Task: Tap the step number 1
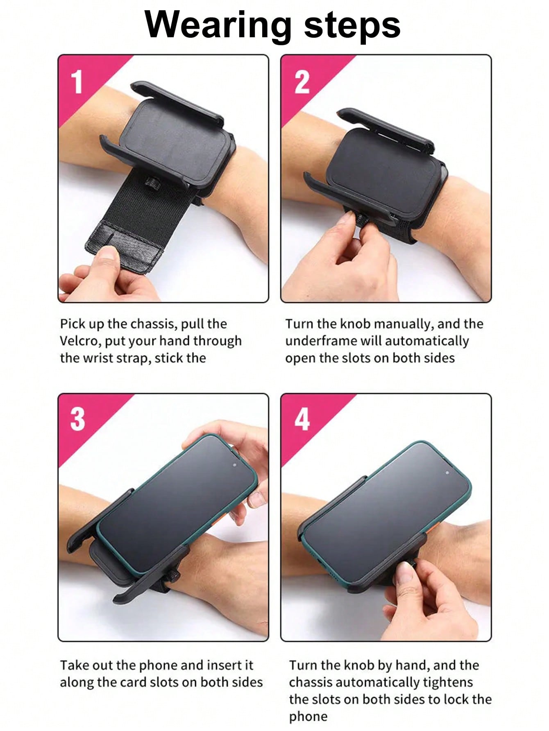77,82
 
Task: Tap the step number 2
302,82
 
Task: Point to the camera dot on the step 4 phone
447,473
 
